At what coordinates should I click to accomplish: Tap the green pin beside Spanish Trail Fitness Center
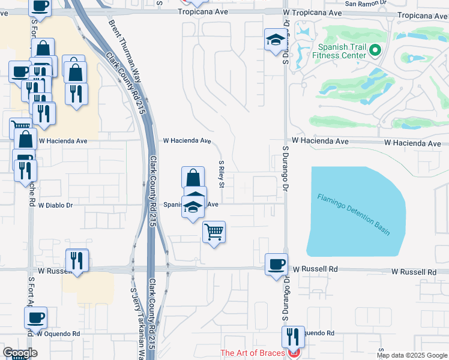click(376, 50)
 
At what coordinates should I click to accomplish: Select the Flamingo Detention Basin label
click(354, 214)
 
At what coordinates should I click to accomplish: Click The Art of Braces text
click(252, 353)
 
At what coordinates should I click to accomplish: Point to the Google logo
click(20, 353)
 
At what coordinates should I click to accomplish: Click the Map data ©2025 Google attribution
click(412, 355)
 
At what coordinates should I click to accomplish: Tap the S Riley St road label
click(221, 173)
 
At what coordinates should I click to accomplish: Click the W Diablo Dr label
click(55, 205)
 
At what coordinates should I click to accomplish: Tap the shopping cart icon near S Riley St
click(214, 231)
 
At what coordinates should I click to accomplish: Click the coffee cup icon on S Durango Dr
click(277, 264)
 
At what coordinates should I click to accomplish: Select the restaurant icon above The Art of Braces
click(293, 335)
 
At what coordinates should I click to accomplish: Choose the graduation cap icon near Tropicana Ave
click(276, 40)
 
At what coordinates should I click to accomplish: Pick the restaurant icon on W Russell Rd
click(77, 260)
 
